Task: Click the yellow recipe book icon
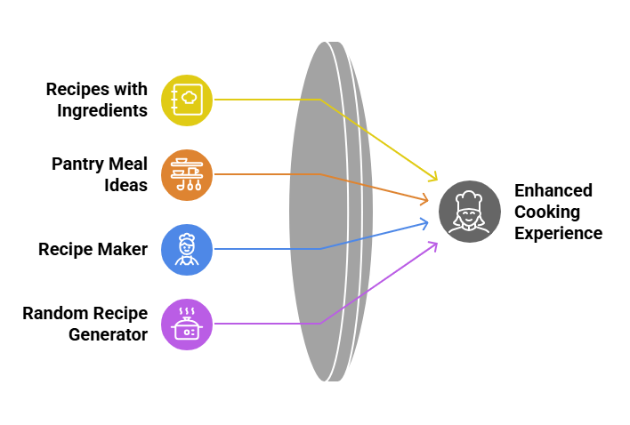coord(187,100)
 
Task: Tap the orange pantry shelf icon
coord(187,174)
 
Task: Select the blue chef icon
coord(187,249)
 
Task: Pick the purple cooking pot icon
coord(187,324)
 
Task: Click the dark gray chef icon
coord(469,211)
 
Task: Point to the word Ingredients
coord(102,110)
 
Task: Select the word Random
coord(55,314)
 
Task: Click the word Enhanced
coord(553,191)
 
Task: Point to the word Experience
coord(559,233)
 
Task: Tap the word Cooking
coord(547,212)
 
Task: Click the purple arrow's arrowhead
coord(433,244)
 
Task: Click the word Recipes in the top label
coord(78,90)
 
